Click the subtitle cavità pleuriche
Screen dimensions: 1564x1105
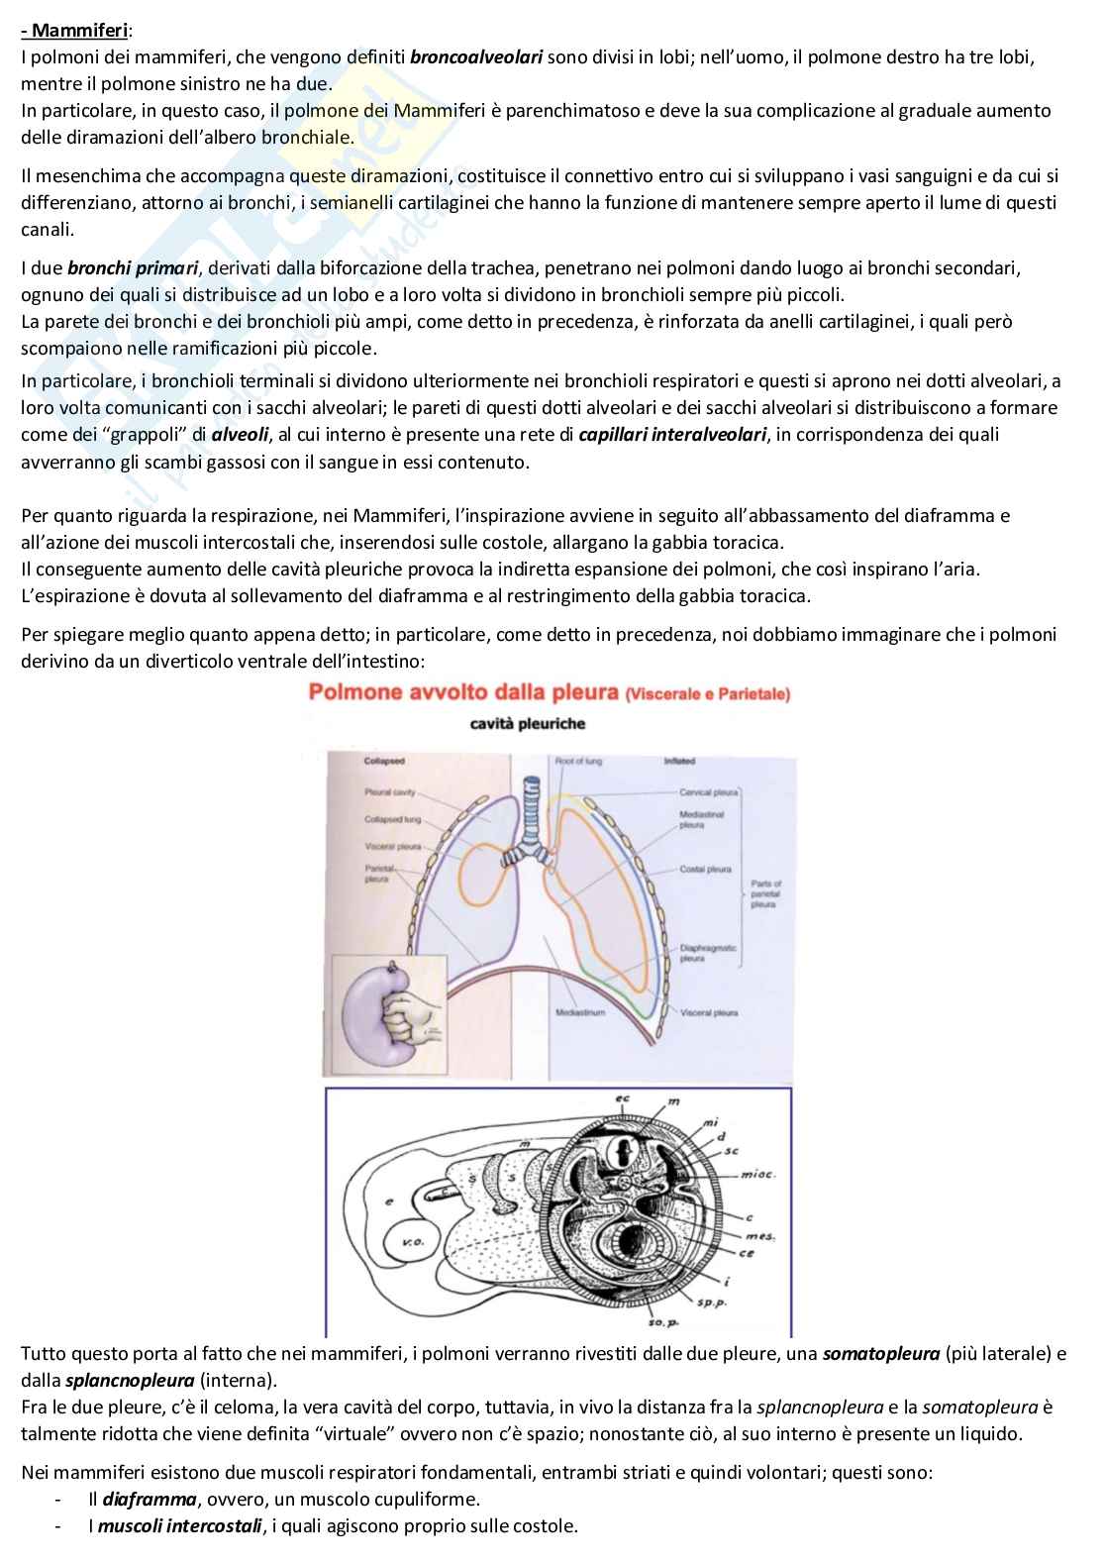[527, 724]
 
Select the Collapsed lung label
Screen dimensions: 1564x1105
[392, 819]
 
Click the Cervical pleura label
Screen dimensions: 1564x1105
[708, 792]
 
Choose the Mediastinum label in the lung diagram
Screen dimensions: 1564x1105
[580, 1013]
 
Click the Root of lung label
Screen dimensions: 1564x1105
[578, 761]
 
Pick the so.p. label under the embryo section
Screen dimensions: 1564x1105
[657, 1322]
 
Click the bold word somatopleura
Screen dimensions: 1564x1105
[880, 1354]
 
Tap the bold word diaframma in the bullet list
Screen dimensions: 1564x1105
[149, 1500]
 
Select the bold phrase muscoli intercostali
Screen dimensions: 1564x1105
[179, 1526]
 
